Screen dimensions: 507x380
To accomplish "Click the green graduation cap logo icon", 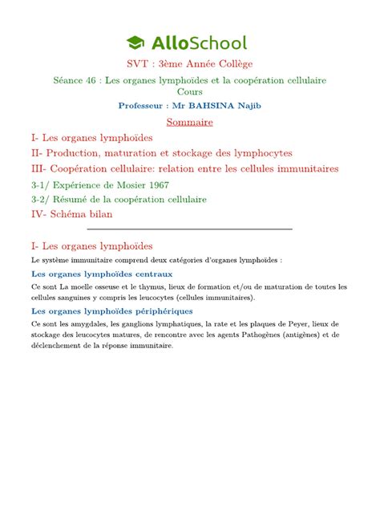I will coord(138,43).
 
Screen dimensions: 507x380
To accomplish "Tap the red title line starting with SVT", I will coord(189,65).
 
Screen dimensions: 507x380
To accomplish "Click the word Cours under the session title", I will coord(190,93).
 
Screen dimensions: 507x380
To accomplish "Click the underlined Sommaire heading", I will coord(189,122).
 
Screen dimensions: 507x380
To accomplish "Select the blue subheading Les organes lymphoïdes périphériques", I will coord(111,310).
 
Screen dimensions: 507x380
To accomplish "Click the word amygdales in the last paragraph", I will coord(91,323).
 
